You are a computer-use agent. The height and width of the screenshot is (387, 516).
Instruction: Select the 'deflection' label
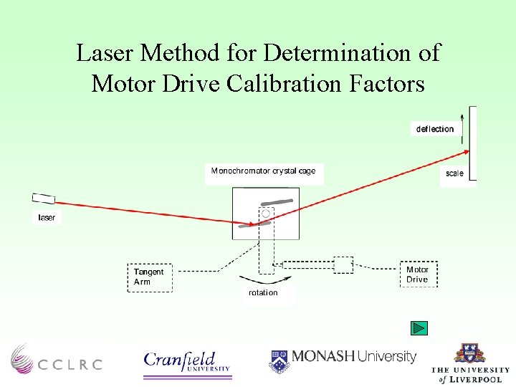pyautogui.click(x=435, y=129)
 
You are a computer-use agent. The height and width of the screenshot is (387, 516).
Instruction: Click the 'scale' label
pyautogui.click(x=454, y=173)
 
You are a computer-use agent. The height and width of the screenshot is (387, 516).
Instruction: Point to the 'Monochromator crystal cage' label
pyautogui.click(x=263, y=171)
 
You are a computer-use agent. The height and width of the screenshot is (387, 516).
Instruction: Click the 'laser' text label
pyautogui.click(x=47, y=217)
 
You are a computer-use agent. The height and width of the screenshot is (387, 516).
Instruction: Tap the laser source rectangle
pyautogui.click(x=44, y=199)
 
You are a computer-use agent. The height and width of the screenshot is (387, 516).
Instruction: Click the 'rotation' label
pyautogui.click(x=263, y=292)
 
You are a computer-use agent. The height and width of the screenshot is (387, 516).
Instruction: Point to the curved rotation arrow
pyautogui.click(x=258, y=279)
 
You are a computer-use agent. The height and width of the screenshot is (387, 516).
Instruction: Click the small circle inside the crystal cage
pyautogui.click(x=266, y=214)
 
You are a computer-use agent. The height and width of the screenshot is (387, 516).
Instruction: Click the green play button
pyautogui.click(x=419, y=328)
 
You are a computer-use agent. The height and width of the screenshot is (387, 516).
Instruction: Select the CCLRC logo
pyautogui.click(x=56, y=358)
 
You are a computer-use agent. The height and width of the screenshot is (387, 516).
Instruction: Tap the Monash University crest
pyautogui.click(x=279, y=360)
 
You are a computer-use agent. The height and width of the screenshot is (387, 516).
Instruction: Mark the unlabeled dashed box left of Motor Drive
pyautogui.click(x=343, y=264)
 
